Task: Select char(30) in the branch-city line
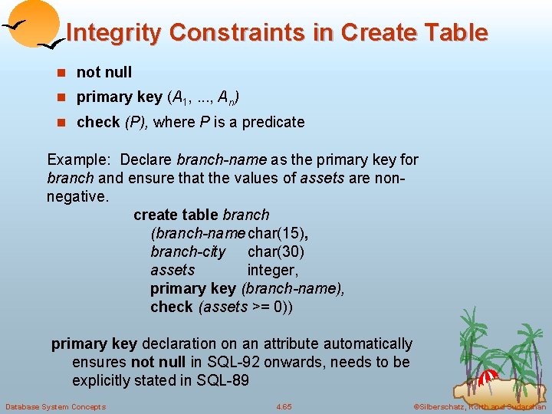(x=276, y=251)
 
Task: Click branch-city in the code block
(x=188, y=251)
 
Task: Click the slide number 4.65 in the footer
(x=284, y=406)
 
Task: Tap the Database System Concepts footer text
(x=55, y=406)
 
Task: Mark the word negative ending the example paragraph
(x=77, y=196)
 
